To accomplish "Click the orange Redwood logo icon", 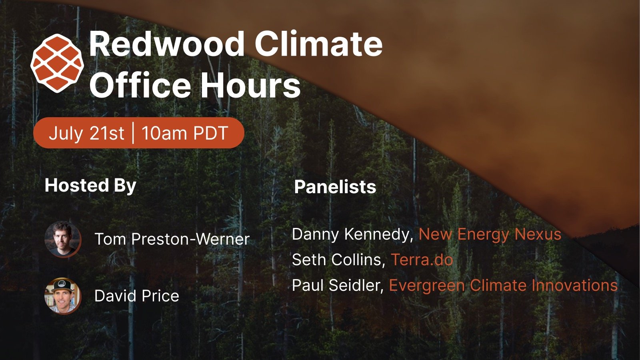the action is (57, 63).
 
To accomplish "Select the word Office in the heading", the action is (140, 84).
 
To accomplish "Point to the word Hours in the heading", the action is (250, 84).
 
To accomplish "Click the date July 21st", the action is (86, 133).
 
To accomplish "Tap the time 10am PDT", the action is (185, 133).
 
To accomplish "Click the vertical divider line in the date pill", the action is (133, 132).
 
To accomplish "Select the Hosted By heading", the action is (90, 186).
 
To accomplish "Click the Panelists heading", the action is (335, 187).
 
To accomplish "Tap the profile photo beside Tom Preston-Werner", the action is (63, 240).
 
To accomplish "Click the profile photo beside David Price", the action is (63, 296).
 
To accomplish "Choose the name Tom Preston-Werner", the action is (172, 239).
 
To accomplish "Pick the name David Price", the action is (136, 296).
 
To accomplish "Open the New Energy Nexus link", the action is (490, 234).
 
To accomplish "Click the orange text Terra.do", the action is (422, 260).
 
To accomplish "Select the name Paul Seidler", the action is (338, 285).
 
